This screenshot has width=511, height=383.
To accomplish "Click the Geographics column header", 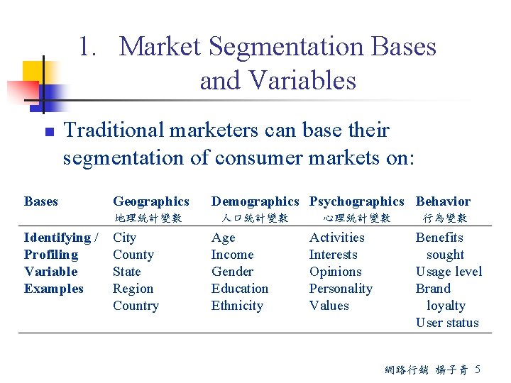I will tap(151, 201).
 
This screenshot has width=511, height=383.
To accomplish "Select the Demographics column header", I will tap(255, 201).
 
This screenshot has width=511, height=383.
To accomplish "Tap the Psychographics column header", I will tap(356, 201).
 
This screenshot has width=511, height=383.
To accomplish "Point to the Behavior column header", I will tap(443, 201).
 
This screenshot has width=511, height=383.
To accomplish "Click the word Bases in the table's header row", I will tap(41, 201).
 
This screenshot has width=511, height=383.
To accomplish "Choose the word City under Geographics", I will tap(124, 238).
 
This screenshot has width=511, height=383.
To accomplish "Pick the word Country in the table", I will tap(136, 306).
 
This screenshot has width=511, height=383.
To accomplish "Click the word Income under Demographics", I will tap(232, 255).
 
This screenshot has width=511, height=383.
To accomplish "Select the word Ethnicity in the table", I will tap(237, 306).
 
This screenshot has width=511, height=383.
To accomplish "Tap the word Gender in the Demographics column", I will tap(232, 272).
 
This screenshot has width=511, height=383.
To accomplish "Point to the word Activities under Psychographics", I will tap(337, 238).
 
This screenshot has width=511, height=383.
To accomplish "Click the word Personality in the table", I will tap(341, 289).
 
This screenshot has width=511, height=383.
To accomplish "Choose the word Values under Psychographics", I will tap(329, 306).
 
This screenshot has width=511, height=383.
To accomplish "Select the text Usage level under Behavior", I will tap(449, 272).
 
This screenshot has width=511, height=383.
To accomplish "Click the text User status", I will tap(447, 323).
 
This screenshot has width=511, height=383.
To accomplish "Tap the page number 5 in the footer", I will tap(478, 369).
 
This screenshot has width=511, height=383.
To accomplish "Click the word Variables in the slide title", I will tap(278, 81).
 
